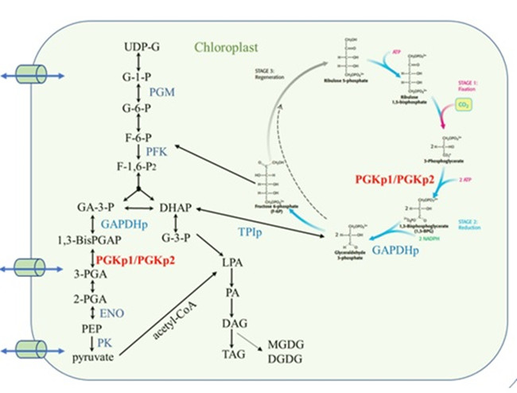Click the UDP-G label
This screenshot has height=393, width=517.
click(142, 47)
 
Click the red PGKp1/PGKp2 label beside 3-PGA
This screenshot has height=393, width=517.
click(135, 260)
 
